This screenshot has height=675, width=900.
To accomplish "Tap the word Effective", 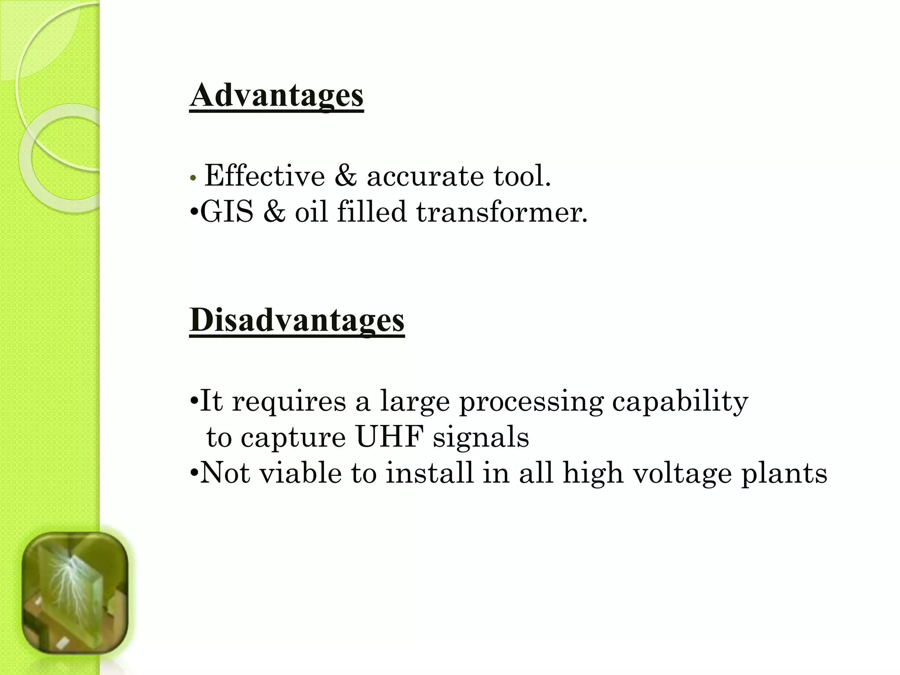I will coord(265,176).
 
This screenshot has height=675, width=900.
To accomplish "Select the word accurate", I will coord(425,177).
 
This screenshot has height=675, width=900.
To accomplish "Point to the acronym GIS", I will coord(227,212).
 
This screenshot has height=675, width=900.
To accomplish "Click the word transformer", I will coord(501,212).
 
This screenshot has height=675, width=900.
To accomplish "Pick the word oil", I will coord(311,212).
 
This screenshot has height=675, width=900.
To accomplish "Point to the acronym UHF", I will coord(389,438).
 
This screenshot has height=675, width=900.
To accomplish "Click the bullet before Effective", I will coord(192,178).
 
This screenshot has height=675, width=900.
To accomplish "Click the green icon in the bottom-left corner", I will coord(75,593).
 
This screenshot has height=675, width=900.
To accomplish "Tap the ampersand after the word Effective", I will coord(345,176).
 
